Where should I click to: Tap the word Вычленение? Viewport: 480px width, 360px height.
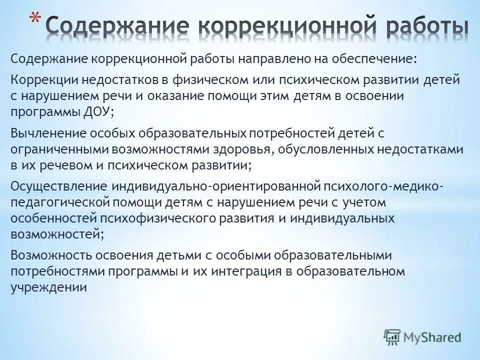[47, 134]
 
